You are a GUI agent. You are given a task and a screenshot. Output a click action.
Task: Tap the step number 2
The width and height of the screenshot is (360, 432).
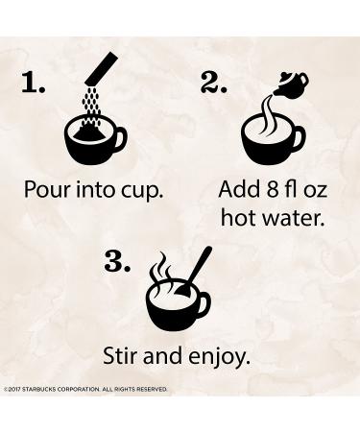pyautogui.click(x=213, y=83)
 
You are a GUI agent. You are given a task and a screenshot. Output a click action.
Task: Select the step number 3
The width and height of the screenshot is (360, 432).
pyautogui.click(x=117, y=261)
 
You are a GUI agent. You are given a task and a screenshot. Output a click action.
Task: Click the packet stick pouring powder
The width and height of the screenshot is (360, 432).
pyautogui.click(x=102, y=68)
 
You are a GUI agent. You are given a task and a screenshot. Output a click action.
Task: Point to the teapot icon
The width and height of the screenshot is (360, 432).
pyautogui.click(x=291, y=84)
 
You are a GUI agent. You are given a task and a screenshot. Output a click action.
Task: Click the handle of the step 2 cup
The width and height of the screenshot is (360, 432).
pyautogui.click(x=299, y=138)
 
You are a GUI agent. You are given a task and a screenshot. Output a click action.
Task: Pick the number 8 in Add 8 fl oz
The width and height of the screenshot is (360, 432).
pyautogui.click(x=272, y=189)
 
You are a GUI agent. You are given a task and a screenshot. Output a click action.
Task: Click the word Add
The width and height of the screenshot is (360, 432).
pyautogui.click(x=239, y=189)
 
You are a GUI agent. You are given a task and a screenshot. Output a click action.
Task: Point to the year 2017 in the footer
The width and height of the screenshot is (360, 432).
pyautogui.click(x=14, y=389)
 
